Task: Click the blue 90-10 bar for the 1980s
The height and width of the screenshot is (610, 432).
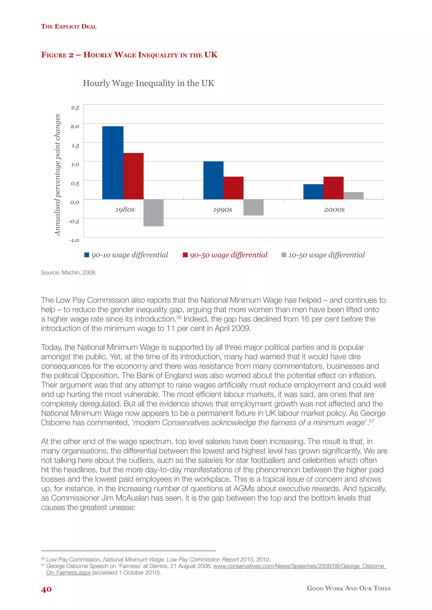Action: pyautogui.click(x=113, y=163)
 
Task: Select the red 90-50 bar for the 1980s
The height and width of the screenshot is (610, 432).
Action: pyautogui.click(x=133, y=176)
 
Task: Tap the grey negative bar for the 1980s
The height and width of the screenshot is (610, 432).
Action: pyautogui.click(x=154, y=213)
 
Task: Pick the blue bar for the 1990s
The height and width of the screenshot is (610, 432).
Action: pyautogui.click(x=213, y=180)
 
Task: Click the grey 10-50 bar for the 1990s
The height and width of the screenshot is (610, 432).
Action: pyautogui.click(x=253, y=207)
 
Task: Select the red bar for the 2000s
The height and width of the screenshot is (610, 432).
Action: pyautogui.click(x=333, y=188)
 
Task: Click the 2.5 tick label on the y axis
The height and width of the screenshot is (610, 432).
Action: pyautogui.click(x=75, y=108)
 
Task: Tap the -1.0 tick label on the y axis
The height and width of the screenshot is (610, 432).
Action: pyautogui.click(x=74, y=240)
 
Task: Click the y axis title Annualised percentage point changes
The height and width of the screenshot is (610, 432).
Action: pyautogui.click(x=57, y=175)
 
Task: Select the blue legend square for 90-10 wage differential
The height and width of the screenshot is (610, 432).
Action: pyautogui.click(x=86, y=255)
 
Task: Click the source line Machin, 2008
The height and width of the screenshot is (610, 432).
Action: pyautogui.click(x=68, y=273)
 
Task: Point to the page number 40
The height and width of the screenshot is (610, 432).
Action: pyautogui.click(x=46, y=589)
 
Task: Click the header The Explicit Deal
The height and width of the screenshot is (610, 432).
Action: pyautogui.click(x=69, y=26)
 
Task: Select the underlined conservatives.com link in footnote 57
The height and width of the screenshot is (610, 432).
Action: pyautogui.click(x=300, y=566)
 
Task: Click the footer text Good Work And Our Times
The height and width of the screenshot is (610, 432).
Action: pyautogui.click(x=348, y=589)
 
